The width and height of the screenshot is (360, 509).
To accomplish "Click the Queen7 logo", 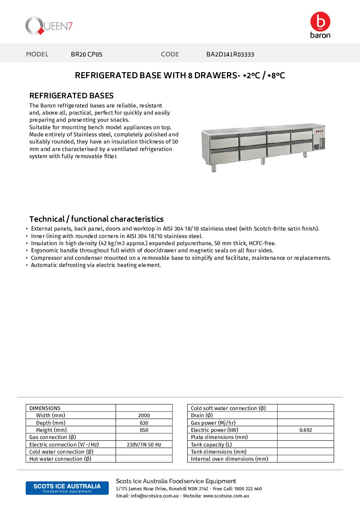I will (x=49, y=26).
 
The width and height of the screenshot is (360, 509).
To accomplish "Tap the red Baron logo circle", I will (x=320, y=22).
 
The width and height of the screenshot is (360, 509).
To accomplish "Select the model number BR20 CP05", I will (x=86, y=54).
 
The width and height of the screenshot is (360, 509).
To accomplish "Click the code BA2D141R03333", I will (x=230, y=54).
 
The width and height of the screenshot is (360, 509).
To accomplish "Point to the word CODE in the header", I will (x=170, y=54).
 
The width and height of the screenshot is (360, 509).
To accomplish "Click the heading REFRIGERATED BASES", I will (x=71, y=96).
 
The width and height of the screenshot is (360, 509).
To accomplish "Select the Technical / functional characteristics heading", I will (x=96, y=219).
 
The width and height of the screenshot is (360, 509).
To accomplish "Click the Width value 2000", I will (x=144, y=415).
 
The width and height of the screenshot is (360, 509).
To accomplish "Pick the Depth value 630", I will (x=144, y=423).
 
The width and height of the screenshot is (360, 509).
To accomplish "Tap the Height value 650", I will (x=144, y=430).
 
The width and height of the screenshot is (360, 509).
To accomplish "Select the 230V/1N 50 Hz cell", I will (x=144, y=445).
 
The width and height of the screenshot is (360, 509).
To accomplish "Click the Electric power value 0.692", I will (x=306, y=430).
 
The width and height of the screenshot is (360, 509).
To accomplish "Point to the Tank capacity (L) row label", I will (x=211, y=445).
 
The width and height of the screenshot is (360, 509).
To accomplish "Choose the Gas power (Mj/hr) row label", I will (x=213, y=423).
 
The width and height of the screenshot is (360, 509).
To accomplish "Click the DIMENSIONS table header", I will (x=45, y=408).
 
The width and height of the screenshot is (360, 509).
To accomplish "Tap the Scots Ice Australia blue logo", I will (x=67, y=488).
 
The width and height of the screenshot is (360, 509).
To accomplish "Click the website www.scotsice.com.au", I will (x=226, y=496).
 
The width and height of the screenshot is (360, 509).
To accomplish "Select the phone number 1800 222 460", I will (x=248, y=489).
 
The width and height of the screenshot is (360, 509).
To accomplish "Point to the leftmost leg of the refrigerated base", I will (x=213, y=168).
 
